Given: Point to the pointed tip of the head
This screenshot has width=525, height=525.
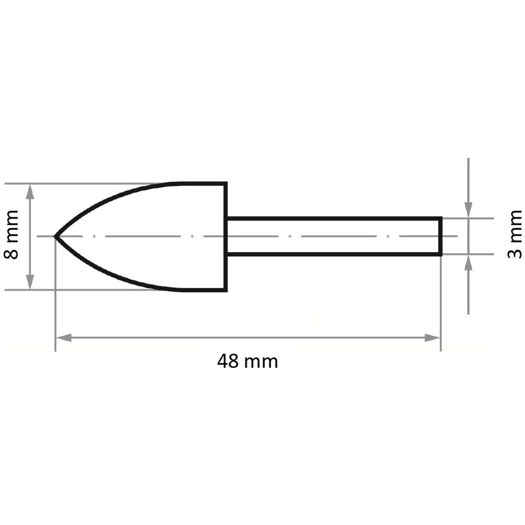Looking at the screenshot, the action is coord(55,237).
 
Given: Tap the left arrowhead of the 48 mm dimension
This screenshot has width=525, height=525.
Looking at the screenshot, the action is coord(64,338).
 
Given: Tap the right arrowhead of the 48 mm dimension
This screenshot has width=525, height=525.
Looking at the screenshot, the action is coord(432,338).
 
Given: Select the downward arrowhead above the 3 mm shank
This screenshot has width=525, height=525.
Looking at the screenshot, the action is coord(468,210).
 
